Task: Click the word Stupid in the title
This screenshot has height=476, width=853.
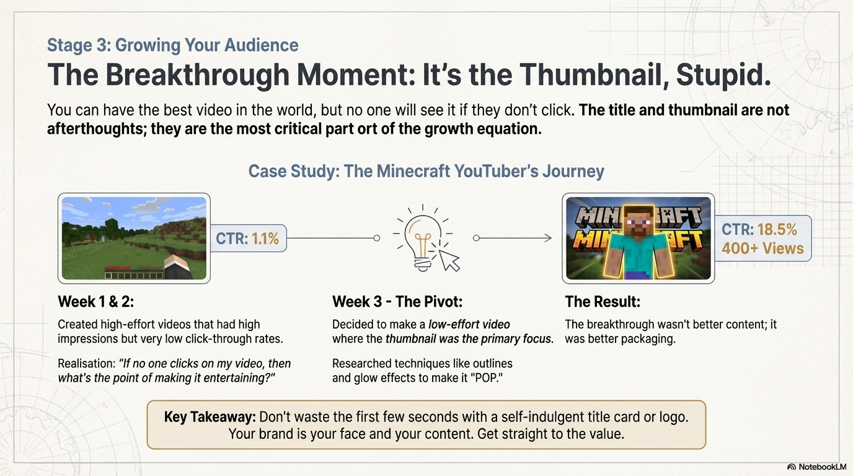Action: (x=723, y=75)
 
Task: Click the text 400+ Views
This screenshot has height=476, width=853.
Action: (x=762, y=249)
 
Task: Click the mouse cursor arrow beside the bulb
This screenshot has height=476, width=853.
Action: (x=449, y=261)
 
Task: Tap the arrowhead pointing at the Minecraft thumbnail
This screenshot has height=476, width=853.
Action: (x=548, y=238)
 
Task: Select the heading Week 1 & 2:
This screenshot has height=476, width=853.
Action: (x=96, y=302)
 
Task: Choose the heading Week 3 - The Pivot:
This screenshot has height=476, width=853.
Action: (x=397, y=302)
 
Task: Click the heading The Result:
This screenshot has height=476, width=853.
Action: (x=603, y=302)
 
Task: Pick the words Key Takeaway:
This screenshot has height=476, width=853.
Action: (x=210, y=417)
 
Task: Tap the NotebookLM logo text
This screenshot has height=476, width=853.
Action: (x=823, y=467)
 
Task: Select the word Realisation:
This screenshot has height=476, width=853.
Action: (x=86, y=364)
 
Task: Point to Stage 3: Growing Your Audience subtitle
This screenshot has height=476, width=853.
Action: (x=172, y=45)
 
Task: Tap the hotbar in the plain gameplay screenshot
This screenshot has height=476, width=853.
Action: (x=133, y=275)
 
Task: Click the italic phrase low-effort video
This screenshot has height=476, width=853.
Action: (x=469, y=324)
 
